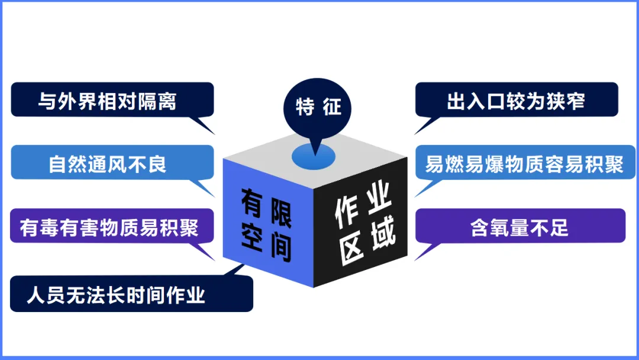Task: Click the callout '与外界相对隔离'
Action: [112, 99]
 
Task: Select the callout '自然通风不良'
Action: [112, 162]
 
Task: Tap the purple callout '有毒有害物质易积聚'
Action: [112, 226]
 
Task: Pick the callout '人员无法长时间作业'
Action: [131, 294]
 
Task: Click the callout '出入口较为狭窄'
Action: [516, 99]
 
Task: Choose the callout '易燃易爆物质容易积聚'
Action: [524, 162]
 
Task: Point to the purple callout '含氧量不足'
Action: [520, 226]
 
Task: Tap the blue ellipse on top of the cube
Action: [314, 155]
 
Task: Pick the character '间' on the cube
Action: [281, 247]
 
